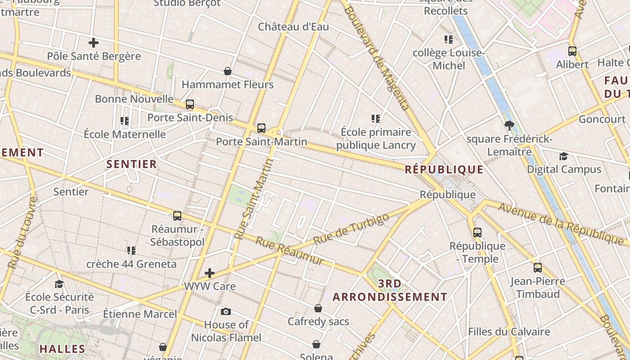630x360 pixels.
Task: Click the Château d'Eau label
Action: [x=293, y=27]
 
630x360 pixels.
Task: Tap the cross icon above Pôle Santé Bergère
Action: [x=94, y=43]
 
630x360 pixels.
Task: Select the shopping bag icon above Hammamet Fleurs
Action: [x=228, y=71]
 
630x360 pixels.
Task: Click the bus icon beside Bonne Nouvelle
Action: [x=190, y=104]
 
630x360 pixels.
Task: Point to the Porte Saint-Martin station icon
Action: [x=261, y=128]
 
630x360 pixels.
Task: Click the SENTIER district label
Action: [x=132, y=164]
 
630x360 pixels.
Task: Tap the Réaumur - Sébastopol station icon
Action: [x=177, y=216]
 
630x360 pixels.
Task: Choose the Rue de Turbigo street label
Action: [x=351, y=229]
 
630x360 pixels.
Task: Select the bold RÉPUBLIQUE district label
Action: [x=444, y=170]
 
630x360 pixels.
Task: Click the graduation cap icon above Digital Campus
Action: [x=563, y=157]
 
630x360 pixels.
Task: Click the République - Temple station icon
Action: [x=477, y=233]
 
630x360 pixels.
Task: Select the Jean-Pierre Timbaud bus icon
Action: [x=537, y=268]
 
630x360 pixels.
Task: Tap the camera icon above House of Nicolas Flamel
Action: [x=226, y=311]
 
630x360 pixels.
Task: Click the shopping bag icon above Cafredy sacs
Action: [x=318, y=308]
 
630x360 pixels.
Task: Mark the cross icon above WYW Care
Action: [x=210, y=273]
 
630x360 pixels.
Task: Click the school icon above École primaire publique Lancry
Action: [x=376, y=119]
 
